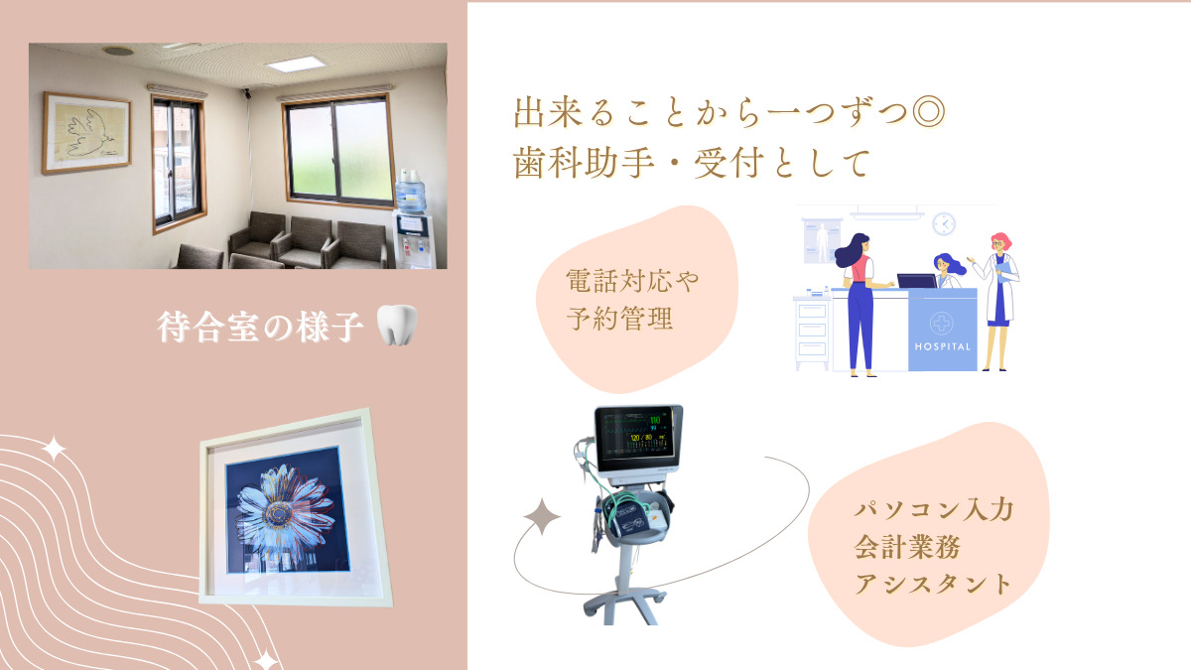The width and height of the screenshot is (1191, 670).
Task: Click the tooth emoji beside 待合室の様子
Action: (x=397, y=325)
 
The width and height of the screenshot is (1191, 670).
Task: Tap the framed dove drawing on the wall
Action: (x=86, y=133)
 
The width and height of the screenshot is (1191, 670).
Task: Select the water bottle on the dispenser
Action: (x=411, y=193)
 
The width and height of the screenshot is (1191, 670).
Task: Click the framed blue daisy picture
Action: (x=296, y=508)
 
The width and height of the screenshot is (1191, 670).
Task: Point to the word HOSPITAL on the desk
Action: (x=942, y=346)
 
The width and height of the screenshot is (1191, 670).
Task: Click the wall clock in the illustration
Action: (x=944, y=224)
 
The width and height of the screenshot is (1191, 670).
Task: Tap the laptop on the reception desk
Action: (x=917, y=281)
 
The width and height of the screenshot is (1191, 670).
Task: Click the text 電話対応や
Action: (x=632, y=280)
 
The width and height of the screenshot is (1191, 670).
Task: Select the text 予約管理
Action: (x=620, y=319)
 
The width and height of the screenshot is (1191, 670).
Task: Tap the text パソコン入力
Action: (x=934, y=509)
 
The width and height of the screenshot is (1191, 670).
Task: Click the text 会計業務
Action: (x=907, y=546)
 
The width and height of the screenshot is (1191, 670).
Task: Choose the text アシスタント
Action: (x=933, y=584)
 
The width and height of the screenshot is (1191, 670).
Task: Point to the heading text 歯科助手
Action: (x=584, y=162)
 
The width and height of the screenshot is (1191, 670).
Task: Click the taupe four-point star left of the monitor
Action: (x=541, y=516)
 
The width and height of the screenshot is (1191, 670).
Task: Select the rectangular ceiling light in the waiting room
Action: (x=296, y=65)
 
